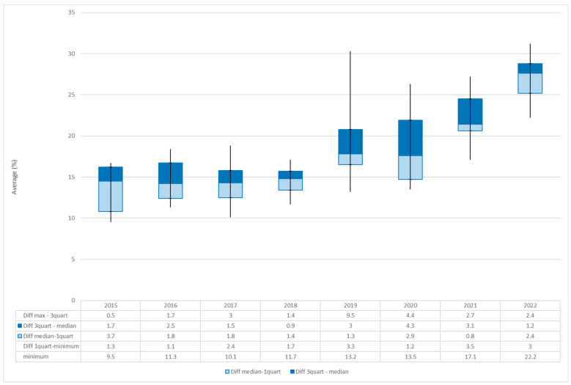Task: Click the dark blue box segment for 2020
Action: click(410, 138)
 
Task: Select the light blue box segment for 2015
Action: click(111, 197)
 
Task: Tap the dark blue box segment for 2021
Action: click(470, 111)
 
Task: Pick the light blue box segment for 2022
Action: click(530, 84)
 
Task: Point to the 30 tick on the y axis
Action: click(71, 54)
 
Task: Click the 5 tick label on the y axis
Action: click(73, 260)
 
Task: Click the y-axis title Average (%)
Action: click(15, 177)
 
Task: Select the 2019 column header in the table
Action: click(350, 306)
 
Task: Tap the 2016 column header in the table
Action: click(171, 306)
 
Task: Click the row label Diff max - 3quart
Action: click(45, 315)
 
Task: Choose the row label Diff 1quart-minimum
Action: click(51, 346)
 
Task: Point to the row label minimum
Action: click(36, 356)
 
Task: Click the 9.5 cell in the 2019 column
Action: click(350, 315)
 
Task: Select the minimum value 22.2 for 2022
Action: click(530, 356)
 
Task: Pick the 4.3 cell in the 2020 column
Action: click(410, 326)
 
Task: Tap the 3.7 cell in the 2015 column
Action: click(111, 336)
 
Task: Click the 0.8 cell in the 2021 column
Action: click(470, 336)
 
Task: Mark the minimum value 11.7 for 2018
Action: click(290, 356)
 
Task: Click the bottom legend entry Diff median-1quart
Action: click(253, 372)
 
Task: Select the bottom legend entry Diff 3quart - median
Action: click(319, 372)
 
